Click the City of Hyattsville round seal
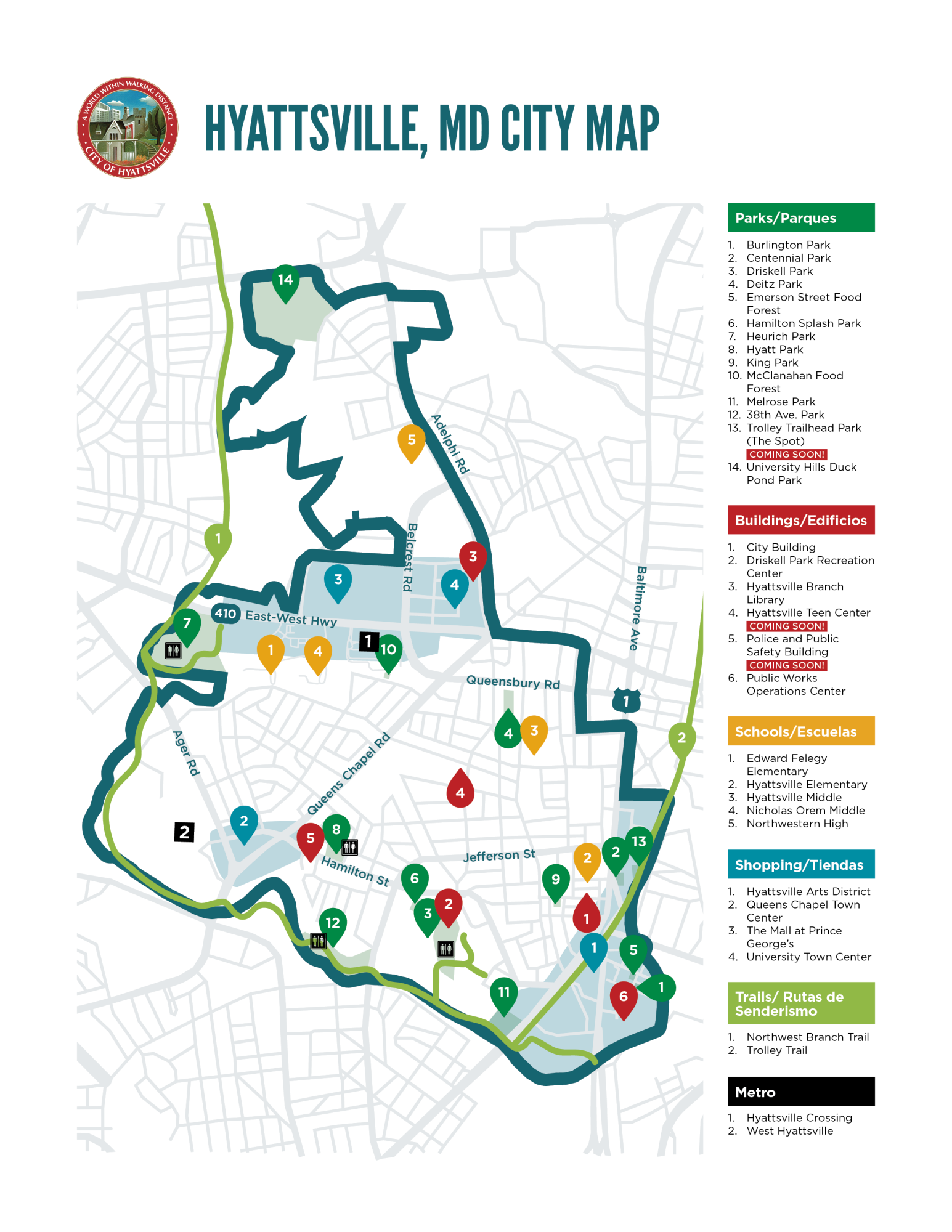[x=128, y=128]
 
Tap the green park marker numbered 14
[x=285, y=282]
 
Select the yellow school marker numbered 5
[x=411, y=441]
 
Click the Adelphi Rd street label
[x=450, y=444]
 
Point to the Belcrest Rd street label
[x=410, y=557]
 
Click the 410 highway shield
[x=226, y=613]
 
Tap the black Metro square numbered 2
[x=184, y=832]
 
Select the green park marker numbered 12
[x=333, y=924]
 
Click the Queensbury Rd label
[x=513, y=682]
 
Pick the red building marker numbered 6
[x=623, y=997]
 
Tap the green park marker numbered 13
[x=639, y=843]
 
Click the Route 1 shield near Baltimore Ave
[x=626, y=701]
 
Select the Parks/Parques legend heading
[x=800, y=217]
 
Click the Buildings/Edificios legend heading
[x=800, y=520]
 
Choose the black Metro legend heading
[x=800, y=1092]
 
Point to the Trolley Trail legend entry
[x=776, y=1050]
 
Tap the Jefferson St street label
[x=499, y=855]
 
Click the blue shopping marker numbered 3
[x=338, y=581]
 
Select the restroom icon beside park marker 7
[x=173, y=650]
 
